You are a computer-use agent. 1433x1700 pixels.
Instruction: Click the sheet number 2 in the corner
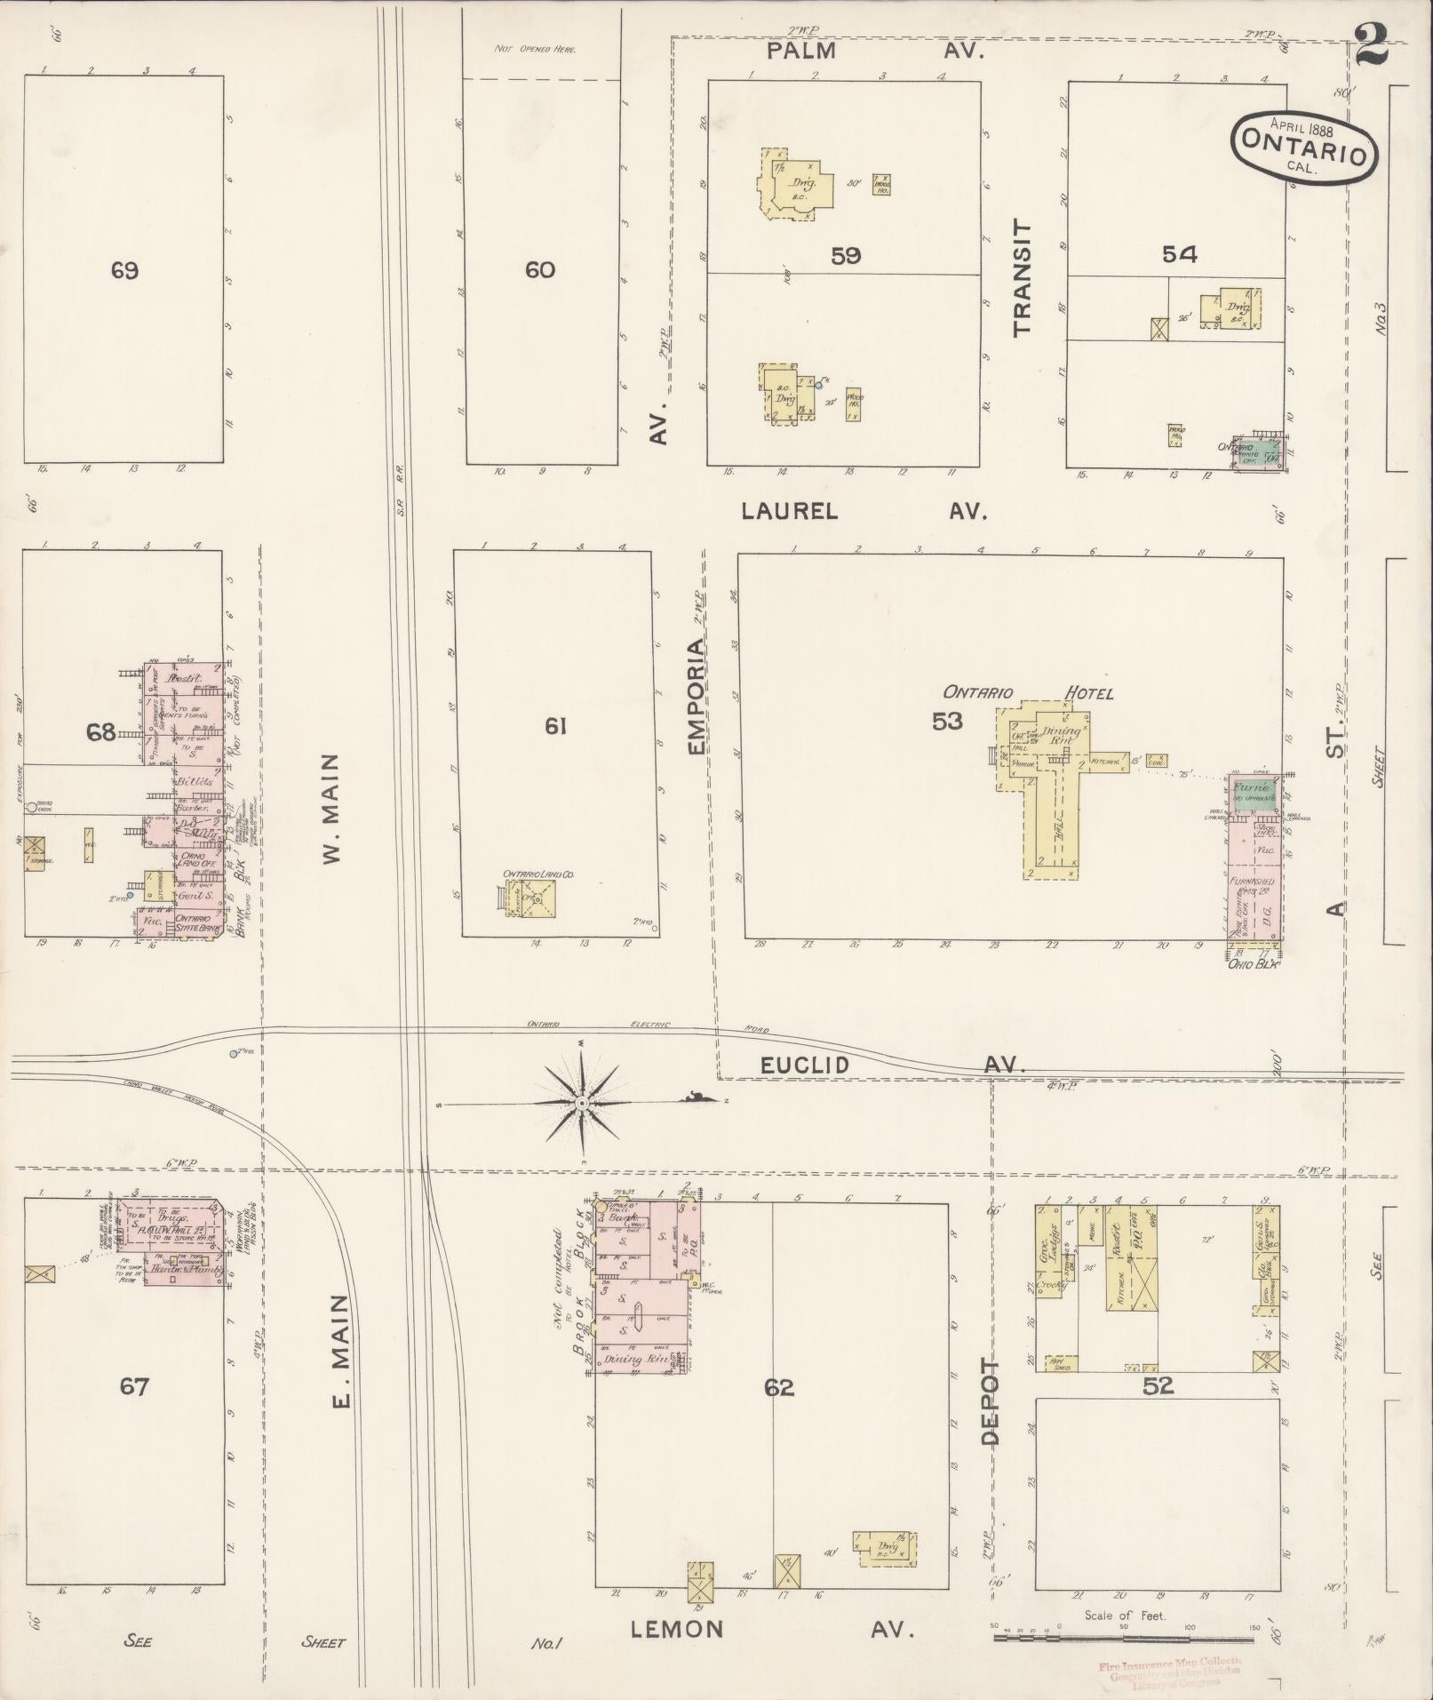pos(1373,46)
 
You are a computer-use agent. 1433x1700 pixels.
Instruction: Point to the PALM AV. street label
pos(875,51)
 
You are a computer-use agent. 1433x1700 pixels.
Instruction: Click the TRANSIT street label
pos(1023,277)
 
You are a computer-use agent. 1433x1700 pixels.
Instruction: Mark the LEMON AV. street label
pos(772,1628)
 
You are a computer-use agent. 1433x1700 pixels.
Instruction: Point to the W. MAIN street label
pos(331,808)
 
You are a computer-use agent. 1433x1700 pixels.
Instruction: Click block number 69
pos(124,270)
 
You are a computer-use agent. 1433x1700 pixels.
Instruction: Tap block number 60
pos(540,269)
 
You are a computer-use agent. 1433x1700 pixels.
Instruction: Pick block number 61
pos(555,726)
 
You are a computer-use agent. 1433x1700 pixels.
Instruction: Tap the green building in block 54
pos(1262,451)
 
